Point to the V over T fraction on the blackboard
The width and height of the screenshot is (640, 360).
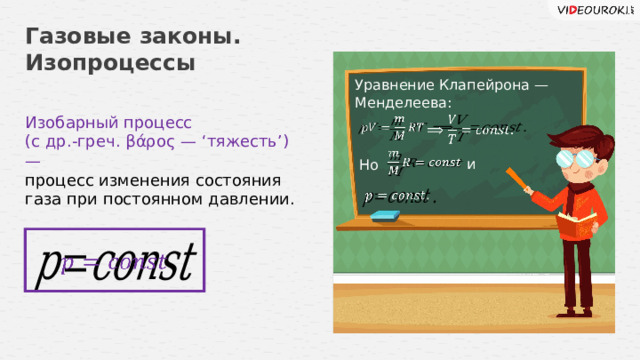[x=452, y=129]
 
